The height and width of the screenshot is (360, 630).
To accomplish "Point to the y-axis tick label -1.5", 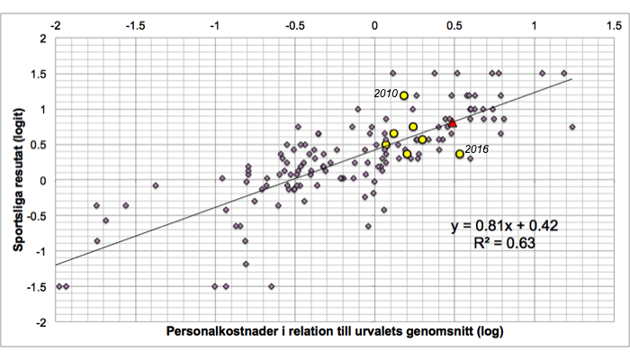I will tap(34, 286).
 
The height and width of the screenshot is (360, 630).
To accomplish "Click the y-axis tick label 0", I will tap(42, 180).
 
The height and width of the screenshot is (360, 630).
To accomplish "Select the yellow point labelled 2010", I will tap(404, 95).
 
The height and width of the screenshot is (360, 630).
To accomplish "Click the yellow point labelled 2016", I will tap(460, 154).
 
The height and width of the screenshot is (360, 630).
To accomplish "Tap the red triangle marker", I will tap(453, 123).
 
